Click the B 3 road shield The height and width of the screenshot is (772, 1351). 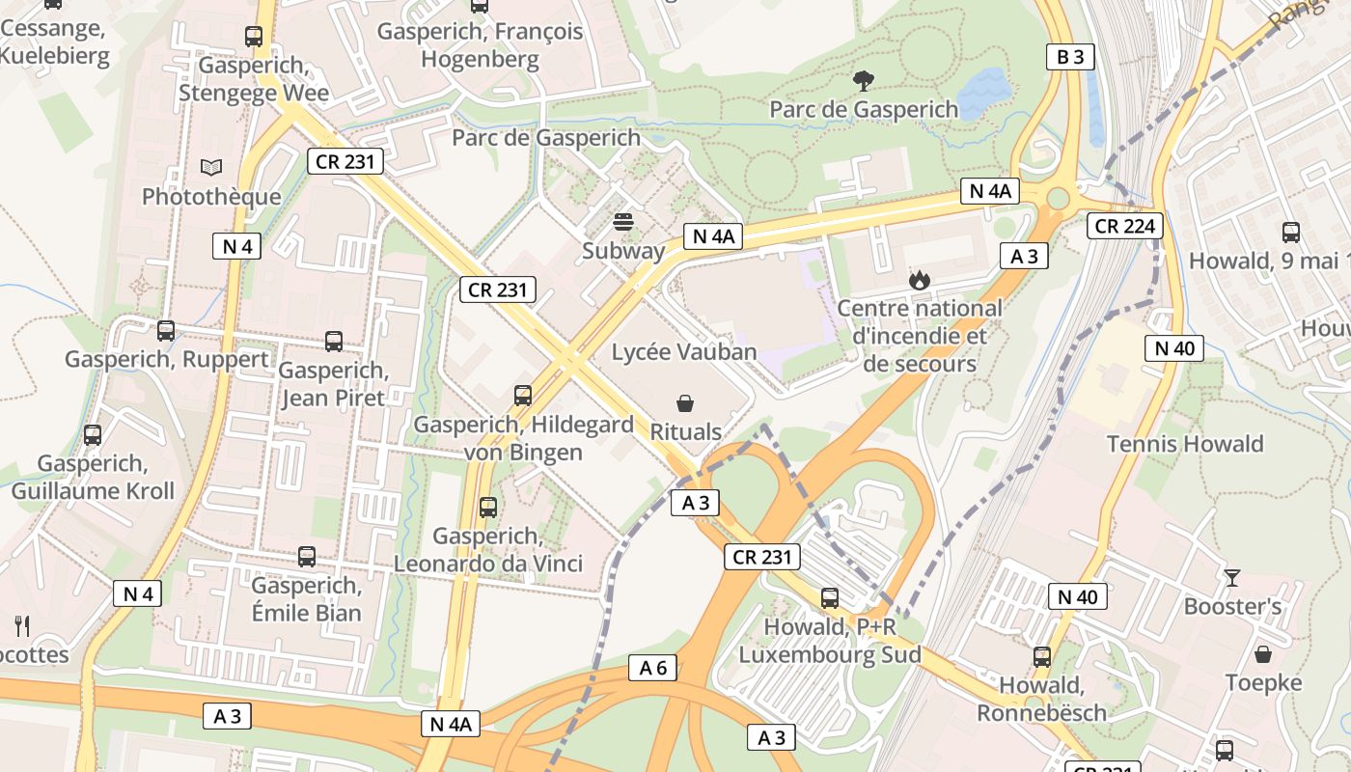1070,57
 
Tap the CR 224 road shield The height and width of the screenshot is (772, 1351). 1125,226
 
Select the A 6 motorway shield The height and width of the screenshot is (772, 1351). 652,668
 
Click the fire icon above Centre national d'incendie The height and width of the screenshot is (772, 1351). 919,281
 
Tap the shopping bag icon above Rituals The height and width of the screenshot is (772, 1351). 685,403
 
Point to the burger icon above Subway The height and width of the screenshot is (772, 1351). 623,223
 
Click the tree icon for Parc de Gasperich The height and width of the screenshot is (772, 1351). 864,81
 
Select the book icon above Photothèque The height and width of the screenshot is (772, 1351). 211,168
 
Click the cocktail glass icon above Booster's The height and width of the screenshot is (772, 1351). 1232,578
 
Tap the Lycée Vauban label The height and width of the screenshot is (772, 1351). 684,351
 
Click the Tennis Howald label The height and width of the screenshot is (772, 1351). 1185,444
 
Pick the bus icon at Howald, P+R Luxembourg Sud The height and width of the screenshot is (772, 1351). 829,598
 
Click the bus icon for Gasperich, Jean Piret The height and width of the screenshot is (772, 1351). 333,342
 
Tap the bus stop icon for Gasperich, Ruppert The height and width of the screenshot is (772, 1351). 166,331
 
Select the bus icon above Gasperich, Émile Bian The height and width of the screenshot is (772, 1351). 307,557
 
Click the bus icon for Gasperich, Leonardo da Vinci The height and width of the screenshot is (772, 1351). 488,508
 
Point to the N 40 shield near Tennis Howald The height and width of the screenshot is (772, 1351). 1174,348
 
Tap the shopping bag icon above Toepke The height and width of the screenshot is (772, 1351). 1263,655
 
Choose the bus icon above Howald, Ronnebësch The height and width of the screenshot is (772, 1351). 1042,657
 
